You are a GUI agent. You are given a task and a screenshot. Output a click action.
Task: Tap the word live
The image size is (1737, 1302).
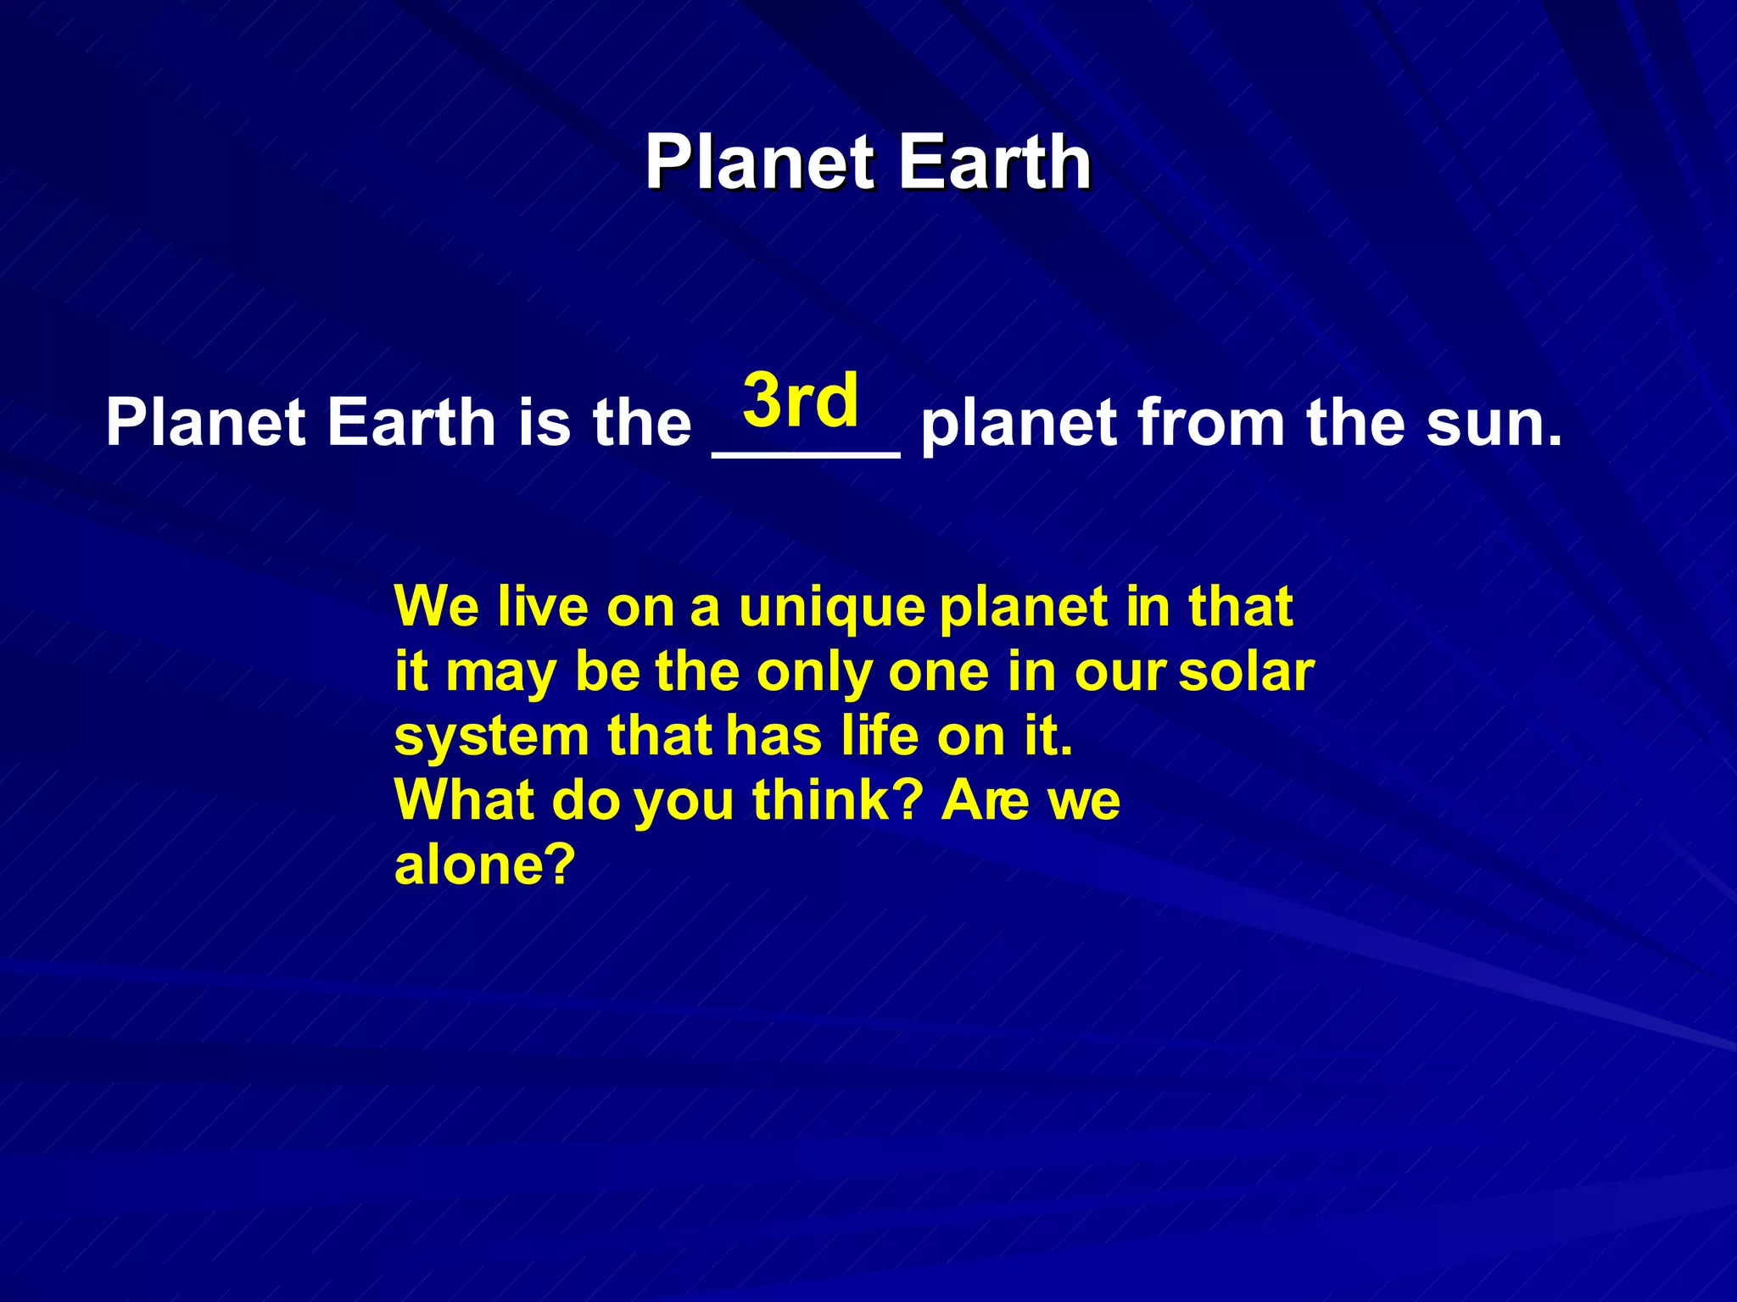543,607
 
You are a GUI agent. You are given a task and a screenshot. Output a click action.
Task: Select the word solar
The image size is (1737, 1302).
1246,672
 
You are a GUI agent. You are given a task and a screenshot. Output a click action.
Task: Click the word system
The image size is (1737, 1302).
492,738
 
